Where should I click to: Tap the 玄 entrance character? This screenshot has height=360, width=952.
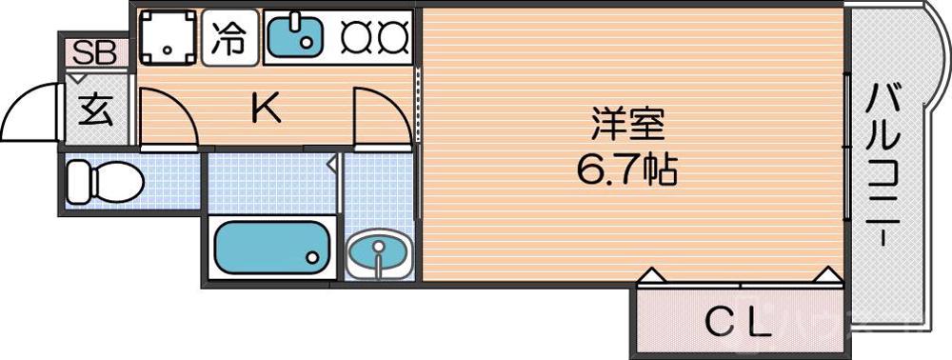(x=95, y=111)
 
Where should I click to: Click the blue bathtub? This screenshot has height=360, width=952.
(x=271, y=247)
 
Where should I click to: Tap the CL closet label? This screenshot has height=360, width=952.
(x=736, y=324)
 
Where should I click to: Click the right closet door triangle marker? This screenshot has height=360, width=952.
(x=827, y=276)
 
